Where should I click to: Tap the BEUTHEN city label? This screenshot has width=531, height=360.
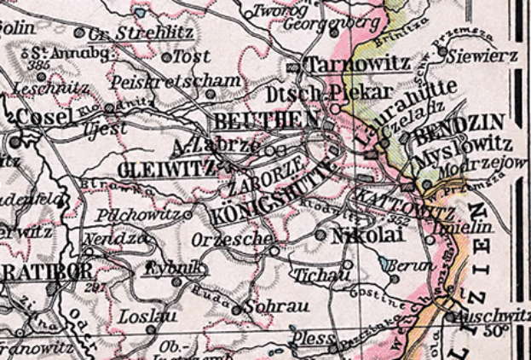259,119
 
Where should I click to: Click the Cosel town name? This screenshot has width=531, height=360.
43,116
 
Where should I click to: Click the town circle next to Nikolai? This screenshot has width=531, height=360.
320,233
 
